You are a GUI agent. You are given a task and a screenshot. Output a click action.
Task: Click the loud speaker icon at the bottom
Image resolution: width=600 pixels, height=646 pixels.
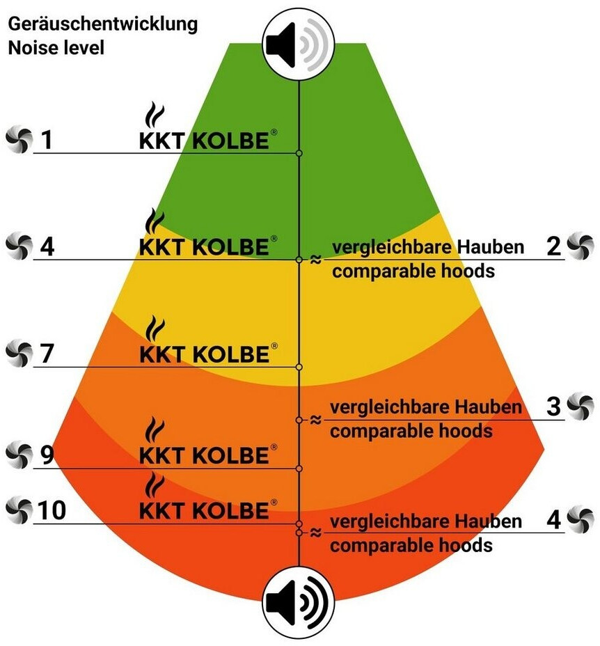[299, 602]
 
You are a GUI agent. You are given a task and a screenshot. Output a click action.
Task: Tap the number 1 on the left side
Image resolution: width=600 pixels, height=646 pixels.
[47, 141]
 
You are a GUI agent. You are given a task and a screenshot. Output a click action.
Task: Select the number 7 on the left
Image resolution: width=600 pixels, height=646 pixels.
[47, 354]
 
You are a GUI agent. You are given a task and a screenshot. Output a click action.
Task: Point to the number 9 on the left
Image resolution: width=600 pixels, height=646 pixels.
[47, 455]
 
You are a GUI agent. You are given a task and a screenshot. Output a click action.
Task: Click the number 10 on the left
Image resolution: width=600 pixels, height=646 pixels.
[53, 510]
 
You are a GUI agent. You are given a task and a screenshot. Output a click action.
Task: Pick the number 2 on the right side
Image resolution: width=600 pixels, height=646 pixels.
[553, 246]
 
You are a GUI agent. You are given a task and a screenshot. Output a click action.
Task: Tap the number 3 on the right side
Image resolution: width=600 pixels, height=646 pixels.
[553, 406]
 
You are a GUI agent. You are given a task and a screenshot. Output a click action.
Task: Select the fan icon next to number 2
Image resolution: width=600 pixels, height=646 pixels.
[580, 246]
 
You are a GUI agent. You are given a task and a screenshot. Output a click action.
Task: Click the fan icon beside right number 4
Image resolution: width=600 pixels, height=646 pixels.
[580, 519]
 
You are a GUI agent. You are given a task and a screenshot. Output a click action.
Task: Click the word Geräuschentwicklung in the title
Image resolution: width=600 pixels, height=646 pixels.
[103, 24]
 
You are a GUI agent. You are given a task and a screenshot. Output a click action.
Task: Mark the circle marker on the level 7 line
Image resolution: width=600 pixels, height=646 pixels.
[299, 367]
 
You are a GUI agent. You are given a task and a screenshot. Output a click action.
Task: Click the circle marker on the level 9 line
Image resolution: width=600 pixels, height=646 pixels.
[299, 468]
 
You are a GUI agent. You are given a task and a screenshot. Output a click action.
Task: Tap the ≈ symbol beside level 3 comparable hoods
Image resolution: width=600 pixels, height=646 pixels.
[315, 420]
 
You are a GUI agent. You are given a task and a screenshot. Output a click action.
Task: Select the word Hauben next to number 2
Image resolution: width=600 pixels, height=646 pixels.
[491, 248]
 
